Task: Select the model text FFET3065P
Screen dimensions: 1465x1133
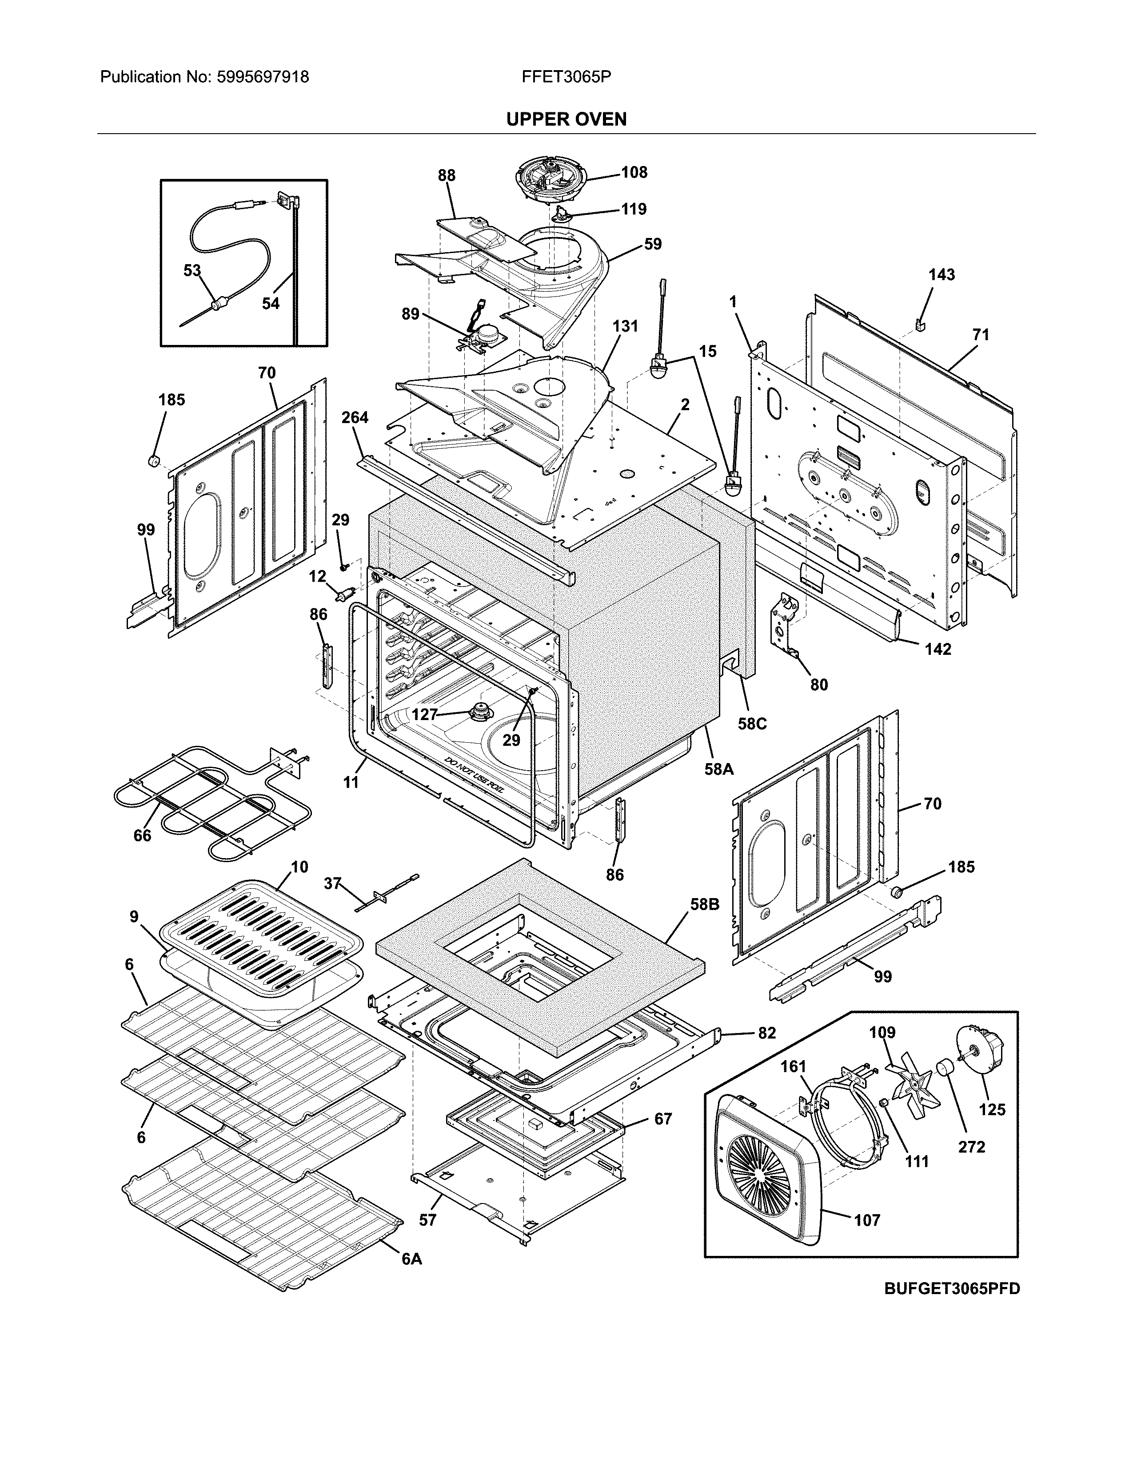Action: [566, 77]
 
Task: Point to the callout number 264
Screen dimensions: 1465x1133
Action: [355, 417]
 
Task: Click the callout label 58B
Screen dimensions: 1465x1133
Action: [704, 904]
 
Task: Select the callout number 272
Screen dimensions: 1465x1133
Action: [971, 1146]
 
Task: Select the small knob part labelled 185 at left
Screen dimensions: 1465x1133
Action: [154, 461]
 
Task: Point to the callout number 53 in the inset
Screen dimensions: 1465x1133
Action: [192, 270]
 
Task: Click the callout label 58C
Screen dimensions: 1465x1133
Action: [752, 724]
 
